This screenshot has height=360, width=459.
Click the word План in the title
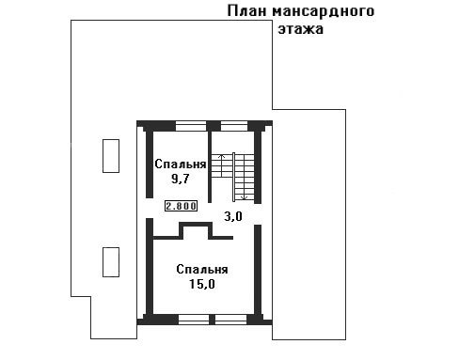coord(246,11)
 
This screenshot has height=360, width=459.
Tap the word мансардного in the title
coord(324,12)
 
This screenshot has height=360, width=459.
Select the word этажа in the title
coord(301,29)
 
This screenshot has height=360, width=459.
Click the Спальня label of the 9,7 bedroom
coord(181,164)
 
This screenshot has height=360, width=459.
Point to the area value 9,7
coord(180,179)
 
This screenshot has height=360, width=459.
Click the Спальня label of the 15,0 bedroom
coord(202,269)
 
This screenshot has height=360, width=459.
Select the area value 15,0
coord(202,284)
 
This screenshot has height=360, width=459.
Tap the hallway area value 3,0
coord(233,216)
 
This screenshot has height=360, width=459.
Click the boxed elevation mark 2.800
coord(182,206)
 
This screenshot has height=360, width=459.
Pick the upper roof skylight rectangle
coord(111,156)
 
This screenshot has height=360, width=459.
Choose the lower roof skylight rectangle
coord(111,262)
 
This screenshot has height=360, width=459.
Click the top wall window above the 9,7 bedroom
coord(191,126)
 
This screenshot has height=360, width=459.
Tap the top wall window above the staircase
coord(234,126)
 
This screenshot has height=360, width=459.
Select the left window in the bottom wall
coord(194,320)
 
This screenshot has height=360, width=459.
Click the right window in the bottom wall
coord(231,320)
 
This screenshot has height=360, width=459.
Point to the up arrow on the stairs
coord(222,165)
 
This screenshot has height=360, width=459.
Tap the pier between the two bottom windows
coord(213,320)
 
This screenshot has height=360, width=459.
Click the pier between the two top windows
coord(214,126)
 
